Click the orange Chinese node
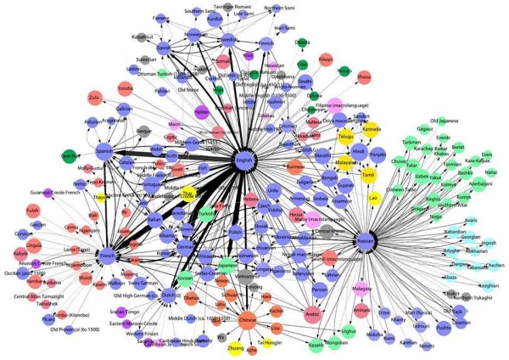tap(247, 321)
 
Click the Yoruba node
tap(126, 88)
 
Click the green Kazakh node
tap(316, 345)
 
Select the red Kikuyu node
tap(326, 60)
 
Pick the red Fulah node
tap(34, 210)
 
